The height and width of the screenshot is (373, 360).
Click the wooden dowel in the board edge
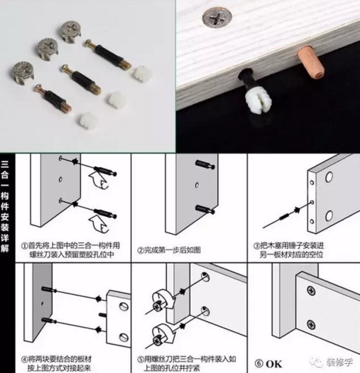pyautogui.click(x=311, y=63)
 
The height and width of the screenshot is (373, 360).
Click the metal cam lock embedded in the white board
pyautogui.click(x=217, y=17)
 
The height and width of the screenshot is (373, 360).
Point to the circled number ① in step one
pyautogui.click(x=24, y=246)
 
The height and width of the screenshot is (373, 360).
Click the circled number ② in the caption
pyautogui.click(x=140, y=251)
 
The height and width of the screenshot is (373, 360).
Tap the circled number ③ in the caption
pyautogui.click(x=257, y=246)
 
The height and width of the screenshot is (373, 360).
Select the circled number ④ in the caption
pyautogui.click(x=24, y=359)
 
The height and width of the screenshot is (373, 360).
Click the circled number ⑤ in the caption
pyautogui.click(x=140, y=359)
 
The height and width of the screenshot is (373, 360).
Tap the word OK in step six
pyautogui.click(x=274, y=364)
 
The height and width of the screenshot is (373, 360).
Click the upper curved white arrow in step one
pyautogui.click(x=98, y=180)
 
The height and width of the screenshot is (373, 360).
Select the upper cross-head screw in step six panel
pyautogui.click(x=311, y=291)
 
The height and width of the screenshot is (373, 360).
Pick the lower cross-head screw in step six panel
pyautogui.click(x=311, y=325)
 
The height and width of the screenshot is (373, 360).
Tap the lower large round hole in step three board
pyautogui.click(x=329, y=215)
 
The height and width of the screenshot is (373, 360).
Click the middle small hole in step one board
pyautogui.click(x=60, y=179)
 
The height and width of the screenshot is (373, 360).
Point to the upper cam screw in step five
pyautogui.click(x=157, y=306)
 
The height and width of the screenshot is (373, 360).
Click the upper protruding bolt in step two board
pyautogui.click(x=205, y=164)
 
